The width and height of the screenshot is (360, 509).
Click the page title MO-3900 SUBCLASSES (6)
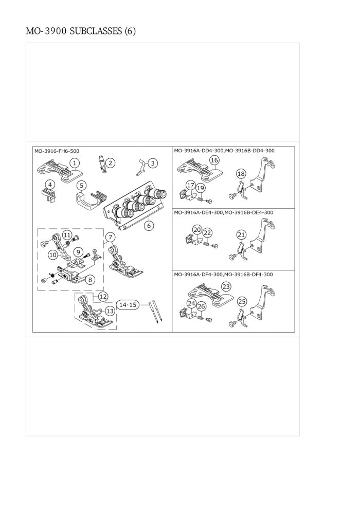(81, 31)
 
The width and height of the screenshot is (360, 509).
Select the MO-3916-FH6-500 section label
(57, 151)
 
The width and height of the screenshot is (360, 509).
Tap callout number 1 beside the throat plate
(75, 163)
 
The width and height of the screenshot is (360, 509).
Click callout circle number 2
(111, 163)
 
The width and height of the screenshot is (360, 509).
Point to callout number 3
(153, 163)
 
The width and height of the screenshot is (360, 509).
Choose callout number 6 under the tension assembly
(149, 225)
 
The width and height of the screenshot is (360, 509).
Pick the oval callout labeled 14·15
(128, 305)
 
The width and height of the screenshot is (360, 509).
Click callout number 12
(103, 296)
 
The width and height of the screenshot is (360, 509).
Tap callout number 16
(214, 160)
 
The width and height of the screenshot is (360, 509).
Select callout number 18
(241, 174)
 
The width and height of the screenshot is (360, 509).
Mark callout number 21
(241, 234)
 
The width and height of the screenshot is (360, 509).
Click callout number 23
(226, 287)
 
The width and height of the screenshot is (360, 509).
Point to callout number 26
(202, 306)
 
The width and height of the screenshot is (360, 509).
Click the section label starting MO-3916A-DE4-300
(224, 213)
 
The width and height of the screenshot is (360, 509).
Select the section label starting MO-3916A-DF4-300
(223, 275)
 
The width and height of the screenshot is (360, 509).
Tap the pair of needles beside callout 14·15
(155, 312)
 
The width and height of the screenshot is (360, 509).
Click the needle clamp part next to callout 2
(102, 165)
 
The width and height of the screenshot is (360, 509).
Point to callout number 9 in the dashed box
(78, 251)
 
